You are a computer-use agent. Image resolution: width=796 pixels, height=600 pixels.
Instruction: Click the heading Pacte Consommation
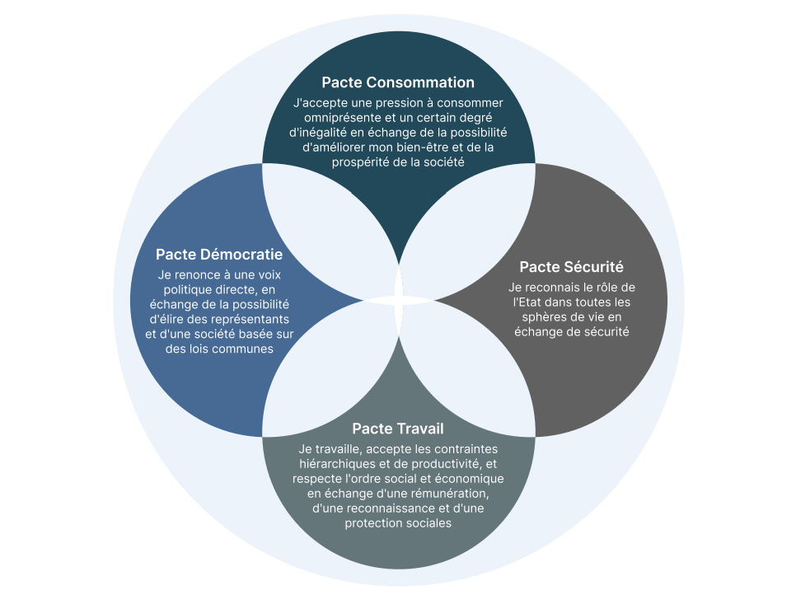click(398, 82)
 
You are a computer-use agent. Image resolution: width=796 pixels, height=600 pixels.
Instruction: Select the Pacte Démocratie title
click(219, 255)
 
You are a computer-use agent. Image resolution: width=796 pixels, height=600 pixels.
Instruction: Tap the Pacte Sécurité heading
click(571, 267)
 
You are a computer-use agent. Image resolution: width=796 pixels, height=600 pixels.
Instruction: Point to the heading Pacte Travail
click(398, 429)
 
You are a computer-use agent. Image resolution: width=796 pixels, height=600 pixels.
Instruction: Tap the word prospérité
click(363, 162)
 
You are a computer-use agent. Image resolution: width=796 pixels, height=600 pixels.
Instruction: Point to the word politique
click(190, 289)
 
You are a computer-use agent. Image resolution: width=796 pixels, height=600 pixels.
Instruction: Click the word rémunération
click(452, 494)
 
